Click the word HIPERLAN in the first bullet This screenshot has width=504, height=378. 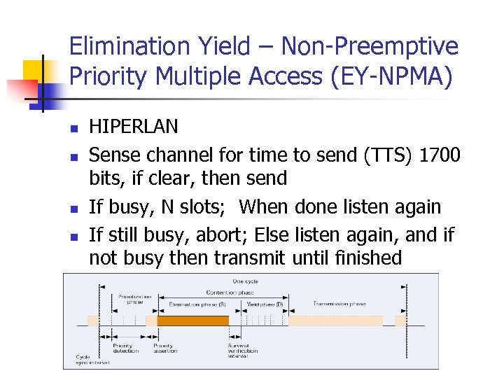click(134, 127)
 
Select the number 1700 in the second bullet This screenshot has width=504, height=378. click(439, 153)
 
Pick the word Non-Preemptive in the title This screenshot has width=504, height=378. click(370, 47)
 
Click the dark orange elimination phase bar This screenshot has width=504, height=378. click(192, 321)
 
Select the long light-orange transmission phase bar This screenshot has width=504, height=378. click(335, 321)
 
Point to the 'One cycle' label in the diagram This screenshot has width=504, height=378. click(245, 281)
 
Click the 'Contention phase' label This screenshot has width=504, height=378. click(230, 293)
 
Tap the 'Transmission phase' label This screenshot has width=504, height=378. click(339, 304)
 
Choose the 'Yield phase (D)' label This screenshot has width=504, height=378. click(265, 304)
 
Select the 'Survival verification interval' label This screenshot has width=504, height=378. click(243, 351)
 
